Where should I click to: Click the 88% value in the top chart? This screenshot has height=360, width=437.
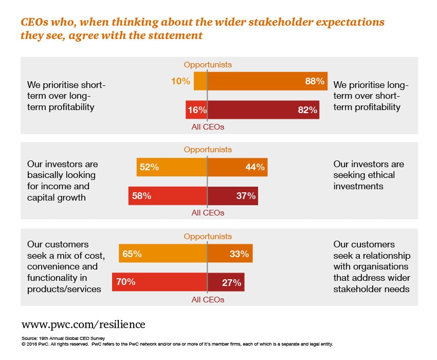(315, 81)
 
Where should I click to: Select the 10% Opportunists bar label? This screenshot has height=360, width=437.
(181, 81)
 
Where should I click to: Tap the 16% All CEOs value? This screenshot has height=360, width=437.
(197, 110)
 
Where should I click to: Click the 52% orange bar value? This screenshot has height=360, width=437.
(149, 167)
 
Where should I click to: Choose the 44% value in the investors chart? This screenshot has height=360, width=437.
(255, 167)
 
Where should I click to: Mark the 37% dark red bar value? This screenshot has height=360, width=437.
(246, 196)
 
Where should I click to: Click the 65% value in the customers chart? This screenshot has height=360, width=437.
(132, 254)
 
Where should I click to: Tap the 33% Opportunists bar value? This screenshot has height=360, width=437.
(240, 254)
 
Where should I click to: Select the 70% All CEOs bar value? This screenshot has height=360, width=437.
(125, 282)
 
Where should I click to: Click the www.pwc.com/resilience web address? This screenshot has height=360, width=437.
(83, 325)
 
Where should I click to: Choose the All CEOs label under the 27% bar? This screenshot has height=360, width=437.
(208, 299)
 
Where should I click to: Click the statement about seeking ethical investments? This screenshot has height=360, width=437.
(369, 175)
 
